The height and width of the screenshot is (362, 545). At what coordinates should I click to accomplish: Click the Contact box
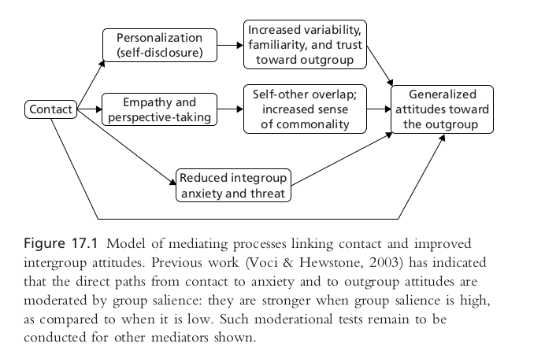(x=50, y=109)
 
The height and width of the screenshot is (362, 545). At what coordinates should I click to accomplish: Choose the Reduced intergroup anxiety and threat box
(x=233, y=183)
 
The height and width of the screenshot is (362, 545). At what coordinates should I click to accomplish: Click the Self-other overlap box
(x=304, y=109)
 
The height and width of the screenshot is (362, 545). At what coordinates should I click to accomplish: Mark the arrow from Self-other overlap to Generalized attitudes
(x=379, y=109)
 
